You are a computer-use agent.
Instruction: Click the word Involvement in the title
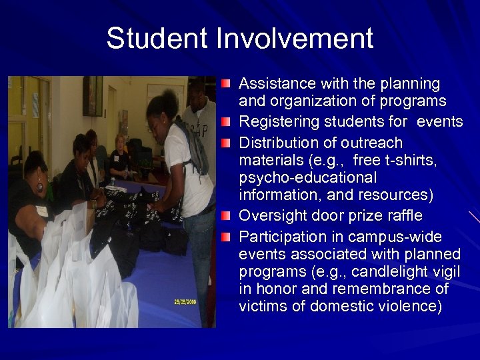pos(294,38)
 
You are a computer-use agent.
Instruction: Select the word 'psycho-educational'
pos(307,178)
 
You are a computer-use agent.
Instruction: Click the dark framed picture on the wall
pos(92,96)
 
